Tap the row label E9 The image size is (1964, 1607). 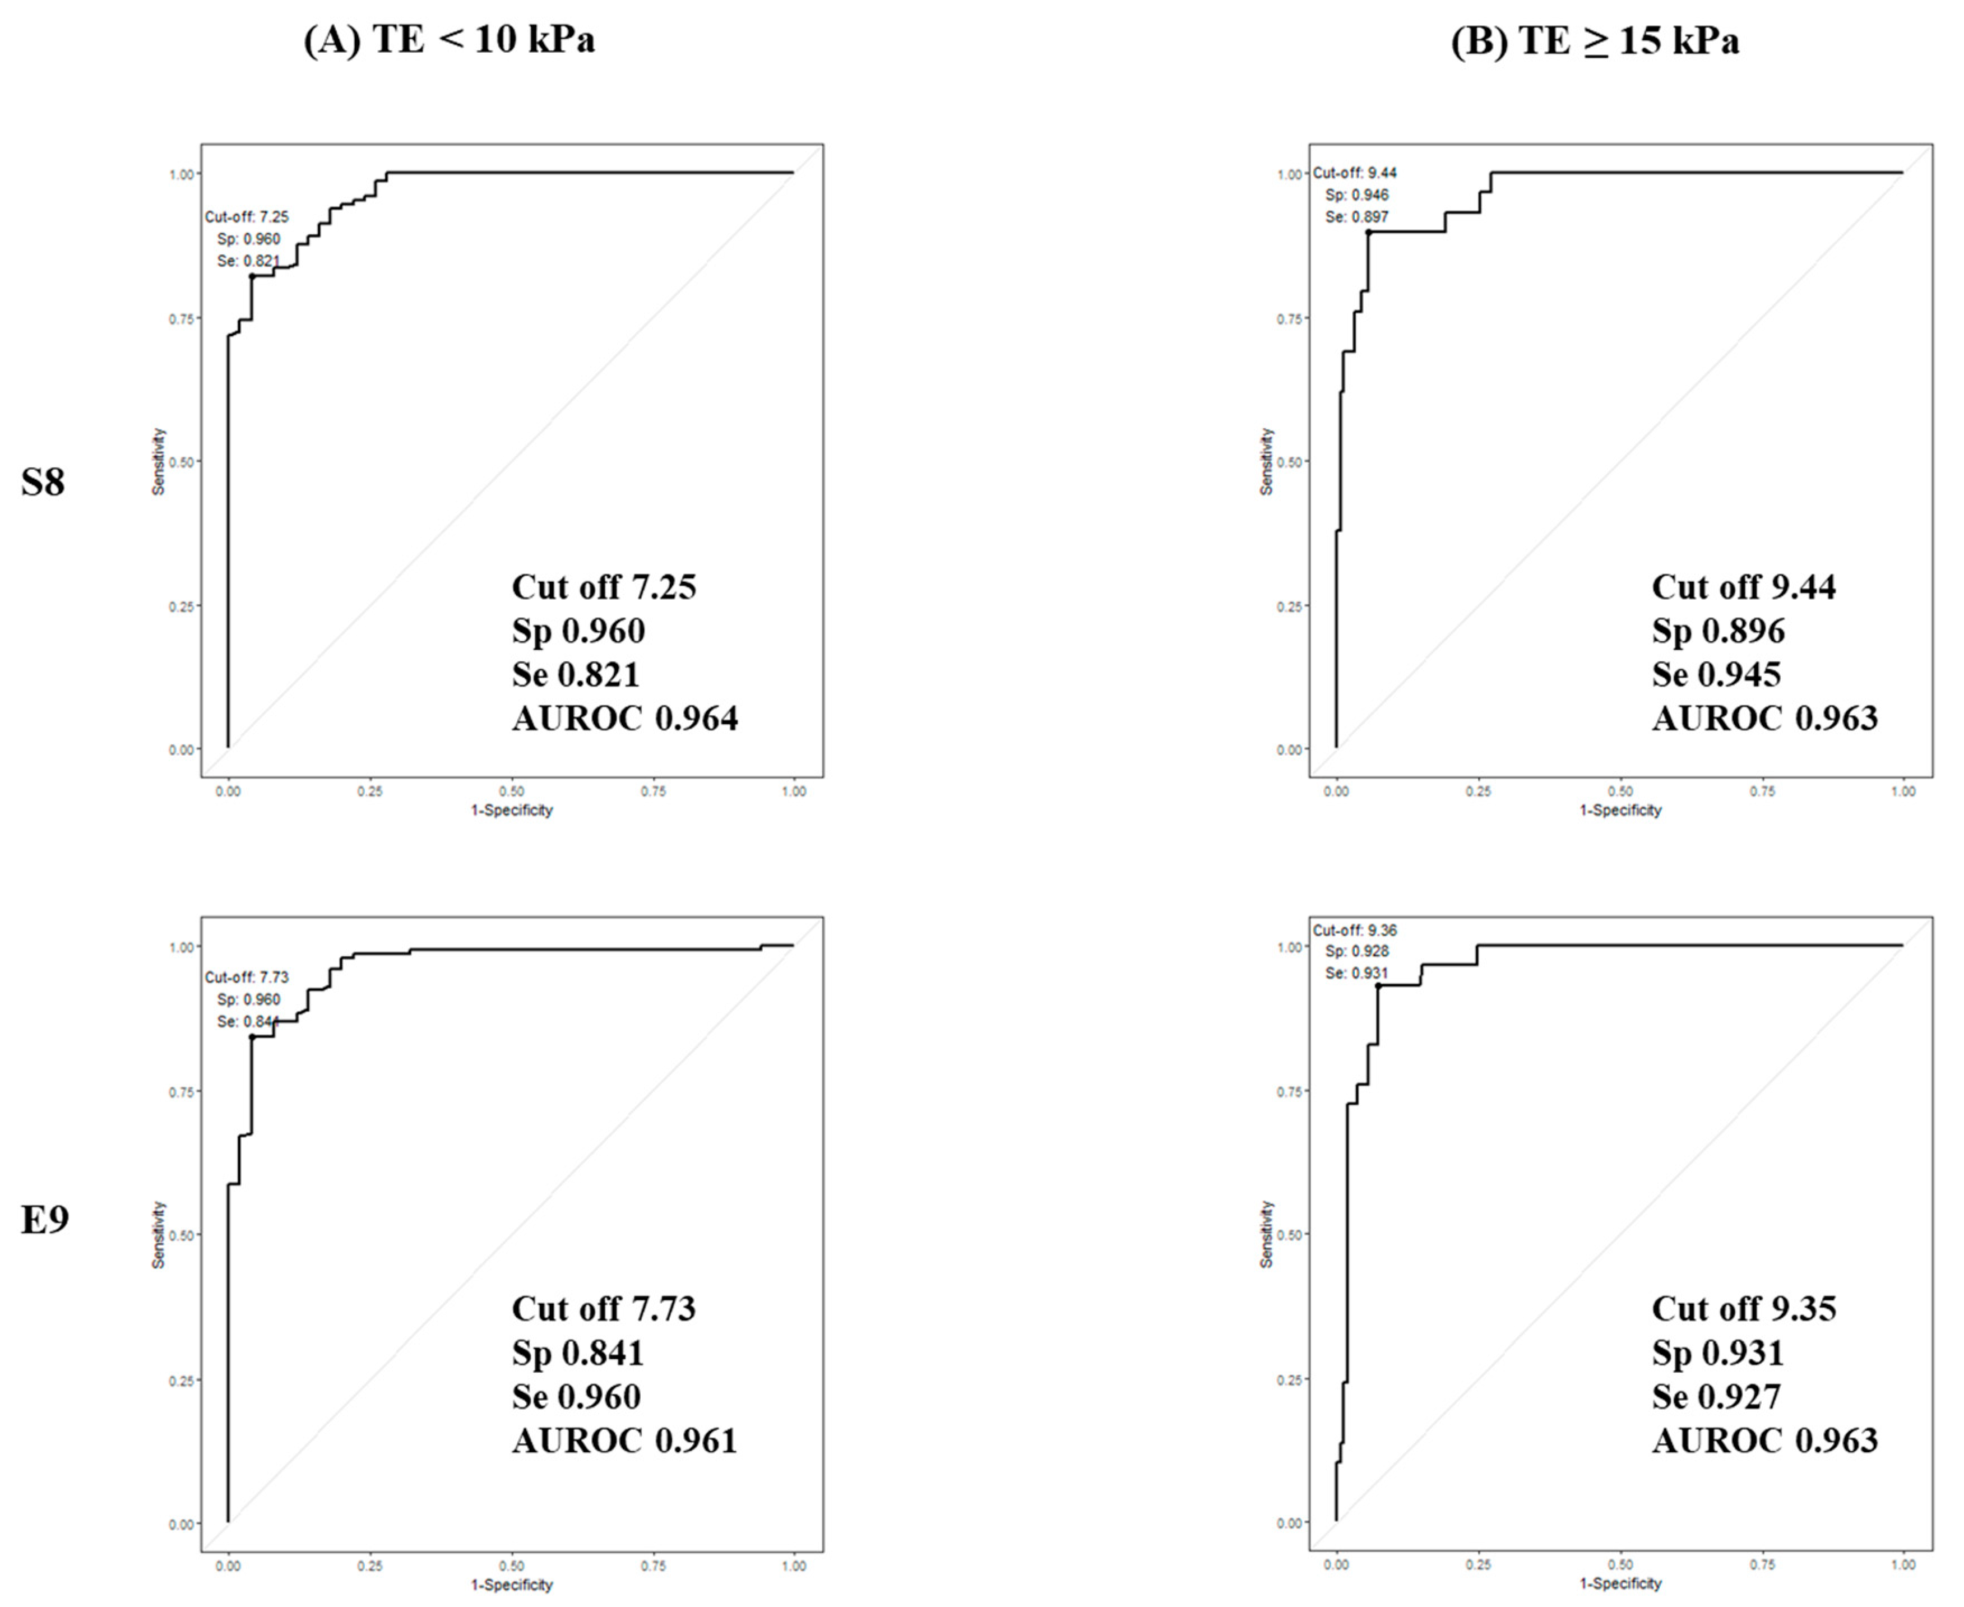(x=44, y=1220)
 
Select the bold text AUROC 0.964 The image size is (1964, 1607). (x=625, y=719)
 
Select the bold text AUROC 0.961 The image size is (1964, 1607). (x=625, y=1441)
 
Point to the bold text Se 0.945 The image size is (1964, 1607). (x=1715, y=675)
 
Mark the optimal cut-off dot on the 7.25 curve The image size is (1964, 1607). (x=252, y=276)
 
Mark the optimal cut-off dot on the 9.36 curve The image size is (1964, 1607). (x=1377, y=987)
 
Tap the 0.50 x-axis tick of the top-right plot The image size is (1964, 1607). (x=1620, y=791)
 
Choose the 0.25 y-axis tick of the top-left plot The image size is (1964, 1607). (x=182, y=606)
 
